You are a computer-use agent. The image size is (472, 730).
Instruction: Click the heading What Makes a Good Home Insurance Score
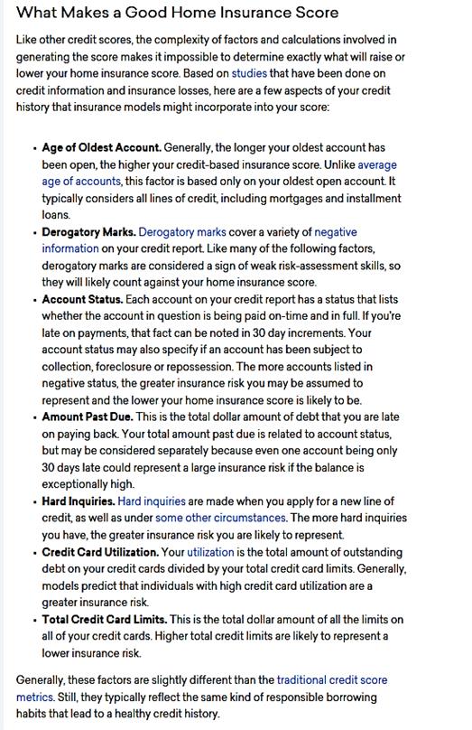(178, 13)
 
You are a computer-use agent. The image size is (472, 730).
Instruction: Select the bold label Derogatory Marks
(88, 231)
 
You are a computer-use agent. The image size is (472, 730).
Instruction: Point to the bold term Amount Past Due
(87, 416)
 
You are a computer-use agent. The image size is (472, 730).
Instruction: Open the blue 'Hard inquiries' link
(152, 501)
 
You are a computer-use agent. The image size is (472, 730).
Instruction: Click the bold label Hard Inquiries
(78, 501)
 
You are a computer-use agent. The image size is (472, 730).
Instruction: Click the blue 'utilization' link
(209, 551)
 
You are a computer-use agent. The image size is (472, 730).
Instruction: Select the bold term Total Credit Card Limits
(104, 619)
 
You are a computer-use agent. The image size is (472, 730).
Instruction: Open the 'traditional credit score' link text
(332, 679)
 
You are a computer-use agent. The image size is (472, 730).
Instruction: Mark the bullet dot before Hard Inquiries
(34, 501)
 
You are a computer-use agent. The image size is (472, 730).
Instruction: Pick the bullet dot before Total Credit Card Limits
(34, 620)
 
